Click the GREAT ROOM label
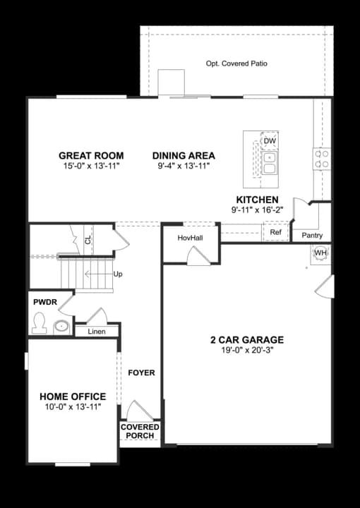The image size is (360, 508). pyautogui.click(x=91, y=156)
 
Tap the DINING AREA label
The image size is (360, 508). pyautogui.click(x=184, y=156)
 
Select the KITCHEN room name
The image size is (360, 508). pyautogui.click(x=257, y=200)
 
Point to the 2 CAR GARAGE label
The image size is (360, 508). pyautogui.click(x=246, y=339)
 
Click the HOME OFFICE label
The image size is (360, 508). pyautogui.click(x=73, y=397)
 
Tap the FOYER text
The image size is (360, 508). pyautogui.click(x=141, y=373)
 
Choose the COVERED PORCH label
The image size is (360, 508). pyautogui.click(x=140, y=431)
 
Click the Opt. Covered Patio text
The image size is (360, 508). pyautogui.click(x=236, y=64)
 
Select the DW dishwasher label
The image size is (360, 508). pyautogui.click(x=269, y=141)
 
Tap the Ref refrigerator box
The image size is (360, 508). pyautogui.click(x=275, y=232)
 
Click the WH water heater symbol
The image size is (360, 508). pyautogui.click(x=320, y=253)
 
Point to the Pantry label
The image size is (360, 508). pyautogui.click(x=311, y=235)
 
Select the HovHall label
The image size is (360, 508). pyautogui.click(x=190, y=238)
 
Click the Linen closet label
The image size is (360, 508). pyautogui.click(x=97, y=332)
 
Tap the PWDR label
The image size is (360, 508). pyautogui.click(x=44, y=302)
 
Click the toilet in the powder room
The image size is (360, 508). pyautogui.click(x=40, y=324)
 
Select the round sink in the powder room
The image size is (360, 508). pyautogui.click(x=62, y=326)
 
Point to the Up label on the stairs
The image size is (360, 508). pyautogui.click(x=117, y=273)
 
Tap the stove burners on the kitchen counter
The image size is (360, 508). pyautogui.click(x=322, y=158)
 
